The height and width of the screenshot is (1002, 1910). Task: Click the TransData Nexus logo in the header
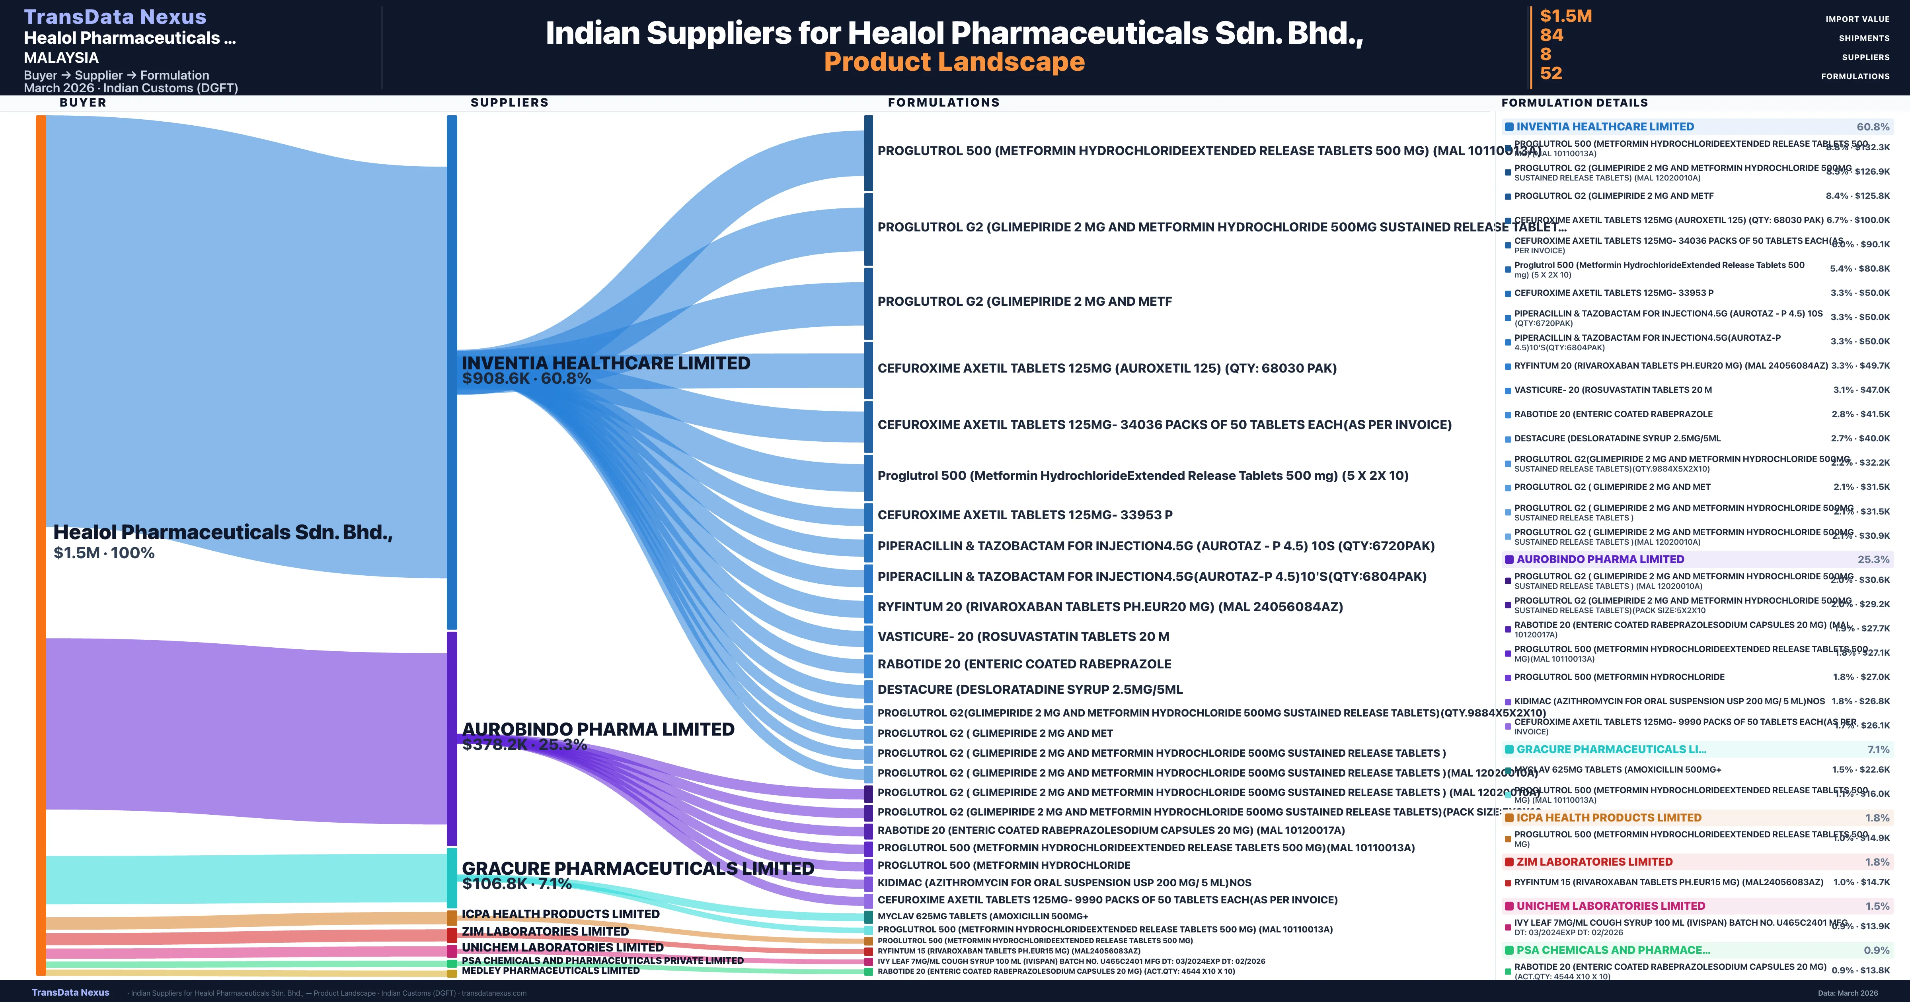click(x=115, y=16)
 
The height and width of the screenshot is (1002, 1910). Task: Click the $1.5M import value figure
click(x=1565, y=16)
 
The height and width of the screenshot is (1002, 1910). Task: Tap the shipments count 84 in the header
click(x=1551, y=35)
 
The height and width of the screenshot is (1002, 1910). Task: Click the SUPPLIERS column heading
click(x=509, y=102)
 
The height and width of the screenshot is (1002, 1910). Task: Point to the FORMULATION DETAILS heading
click(x=1574, y=102)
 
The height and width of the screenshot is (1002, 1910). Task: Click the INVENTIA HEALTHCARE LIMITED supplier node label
click(x=606, y=363)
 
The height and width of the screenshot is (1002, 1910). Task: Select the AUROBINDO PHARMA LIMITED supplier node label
click(x=598, y=729)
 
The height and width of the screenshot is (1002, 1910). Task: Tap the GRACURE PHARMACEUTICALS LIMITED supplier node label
click(x=637, y=868)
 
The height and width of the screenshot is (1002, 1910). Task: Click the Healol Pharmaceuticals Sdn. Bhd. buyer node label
click(x=222, y=532)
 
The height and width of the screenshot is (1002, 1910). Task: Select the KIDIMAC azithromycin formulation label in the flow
click(x=1064, y=883)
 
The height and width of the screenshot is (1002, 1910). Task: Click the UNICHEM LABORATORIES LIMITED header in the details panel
click(x=1610, y=906)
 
